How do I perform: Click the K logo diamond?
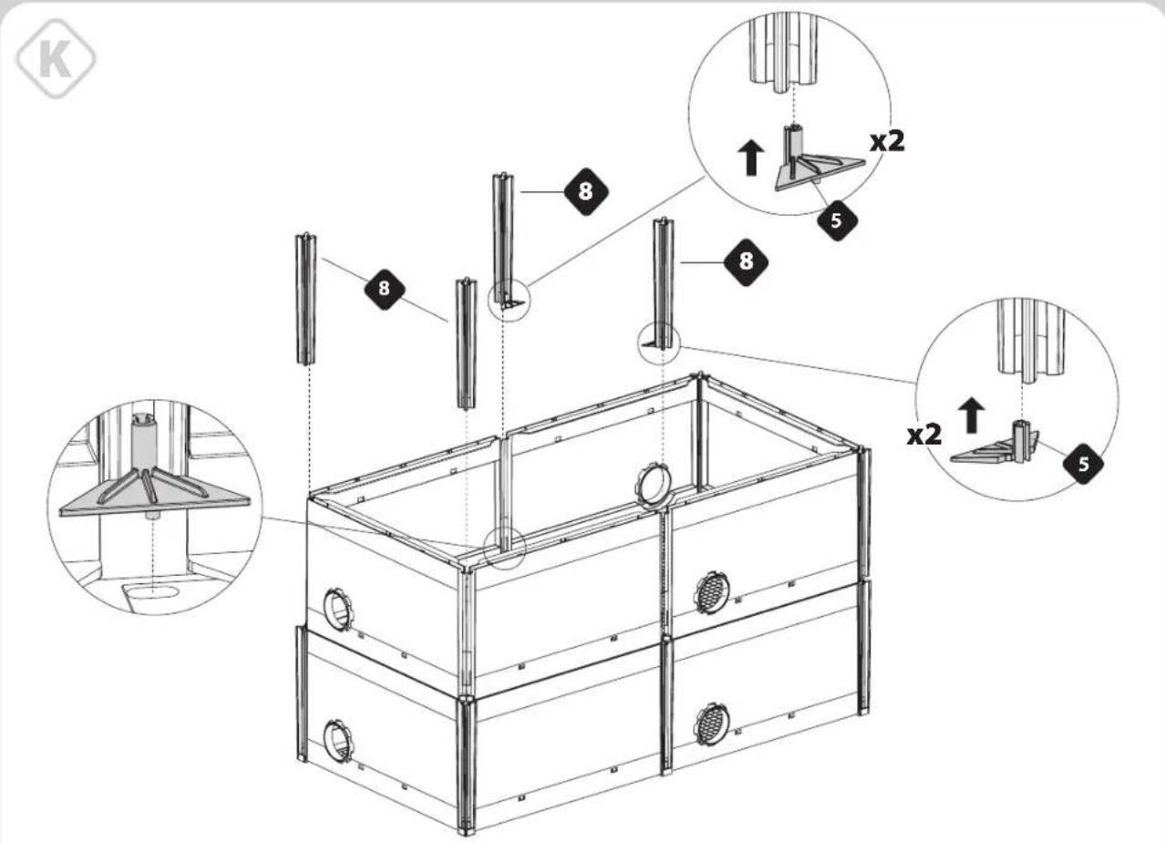[x=56, y=58]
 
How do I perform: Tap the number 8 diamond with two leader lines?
[x=385, y=289]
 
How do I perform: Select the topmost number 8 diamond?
[x=586, y=191]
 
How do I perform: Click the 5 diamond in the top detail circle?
[x=837, y=221]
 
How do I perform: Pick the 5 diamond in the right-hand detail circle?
[x=1083, y=464]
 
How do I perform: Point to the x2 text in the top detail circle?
[x=888, y=141]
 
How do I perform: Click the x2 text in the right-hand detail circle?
[x=924, y=435]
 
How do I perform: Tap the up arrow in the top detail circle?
[x=751, y=158]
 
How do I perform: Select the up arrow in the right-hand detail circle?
[x=971, y=415]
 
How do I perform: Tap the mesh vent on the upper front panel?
[x=712, y=592]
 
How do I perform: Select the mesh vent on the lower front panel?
[x=712, y=725]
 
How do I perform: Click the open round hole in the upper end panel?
[x=338, y=609]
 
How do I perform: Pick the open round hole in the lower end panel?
[x=338, y=740]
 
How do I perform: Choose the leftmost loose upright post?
[x=306, y=299]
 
